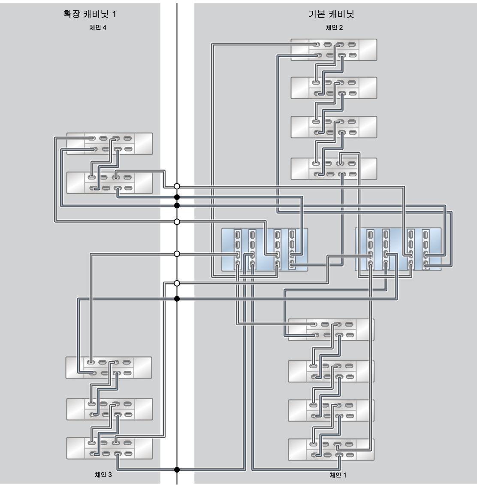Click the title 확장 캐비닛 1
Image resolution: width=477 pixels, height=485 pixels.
(x=90, y=14)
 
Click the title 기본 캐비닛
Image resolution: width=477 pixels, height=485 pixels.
(x=331, y=14)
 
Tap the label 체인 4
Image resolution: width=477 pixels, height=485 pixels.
(x=98, y=27)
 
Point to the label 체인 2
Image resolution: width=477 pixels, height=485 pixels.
(x=334, y=27)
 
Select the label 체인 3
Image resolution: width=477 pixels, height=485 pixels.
(x=103, y=474)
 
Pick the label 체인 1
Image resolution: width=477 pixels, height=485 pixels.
(x=338, y=475)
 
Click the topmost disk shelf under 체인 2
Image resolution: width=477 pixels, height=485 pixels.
(x=334, y=50)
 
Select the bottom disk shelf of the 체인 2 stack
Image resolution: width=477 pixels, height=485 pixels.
(x=334, y=169)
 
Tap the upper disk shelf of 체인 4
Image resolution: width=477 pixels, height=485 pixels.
(x=109, y=143)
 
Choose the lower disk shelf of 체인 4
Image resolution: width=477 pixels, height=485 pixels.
(x=109, y=183)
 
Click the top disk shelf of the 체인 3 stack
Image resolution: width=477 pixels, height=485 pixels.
(x=109, y=367)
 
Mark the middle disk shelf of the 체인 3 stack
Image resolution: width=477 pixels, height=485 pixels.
(x=109, y=409)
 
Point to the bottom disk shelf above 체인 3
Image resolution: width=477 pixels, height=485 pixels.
(x=109, y=448)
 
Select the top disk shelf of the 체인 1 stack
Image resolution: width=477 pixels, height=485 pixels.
(x=331, y=330)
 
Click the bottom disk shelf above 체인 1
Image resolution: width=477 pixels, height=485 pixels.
(x=331, y=449)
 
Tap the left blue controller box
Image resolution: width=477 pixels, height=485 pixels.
(x=265, y=250)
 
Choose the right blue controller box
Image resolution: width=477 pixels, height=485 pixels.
(x=398, y=249)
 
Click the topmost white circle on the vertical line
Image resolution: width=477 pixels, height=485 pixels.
(x=177, y=186)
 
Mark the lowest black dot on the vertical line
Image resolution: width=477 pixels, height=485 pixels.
(x=177, y=470)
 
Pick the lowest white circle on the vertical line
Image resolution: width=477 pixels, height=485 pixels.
(x=177, y=283)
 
